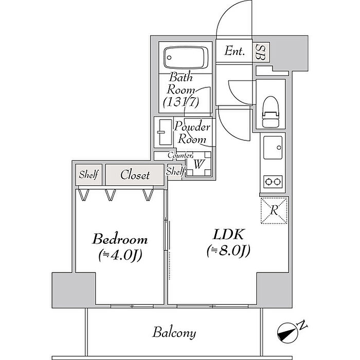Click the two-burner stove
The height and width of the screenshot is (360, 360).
pos(273,181)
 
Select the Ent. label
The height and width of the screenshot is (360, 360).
pos(235,51)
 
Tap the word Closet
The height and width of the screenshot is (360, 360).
pos(135,175)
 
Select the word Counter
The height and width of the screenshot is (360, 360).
pos(179,155)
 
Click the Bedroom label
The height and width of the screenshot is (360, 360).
pos(120,239)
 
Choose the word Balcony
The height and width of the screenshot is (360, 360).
pos(174,333)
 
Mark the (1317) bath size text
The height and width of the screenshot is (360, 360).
pos(181,102)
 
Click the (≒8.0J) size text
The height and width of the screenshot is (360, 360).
pos(228,251)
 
